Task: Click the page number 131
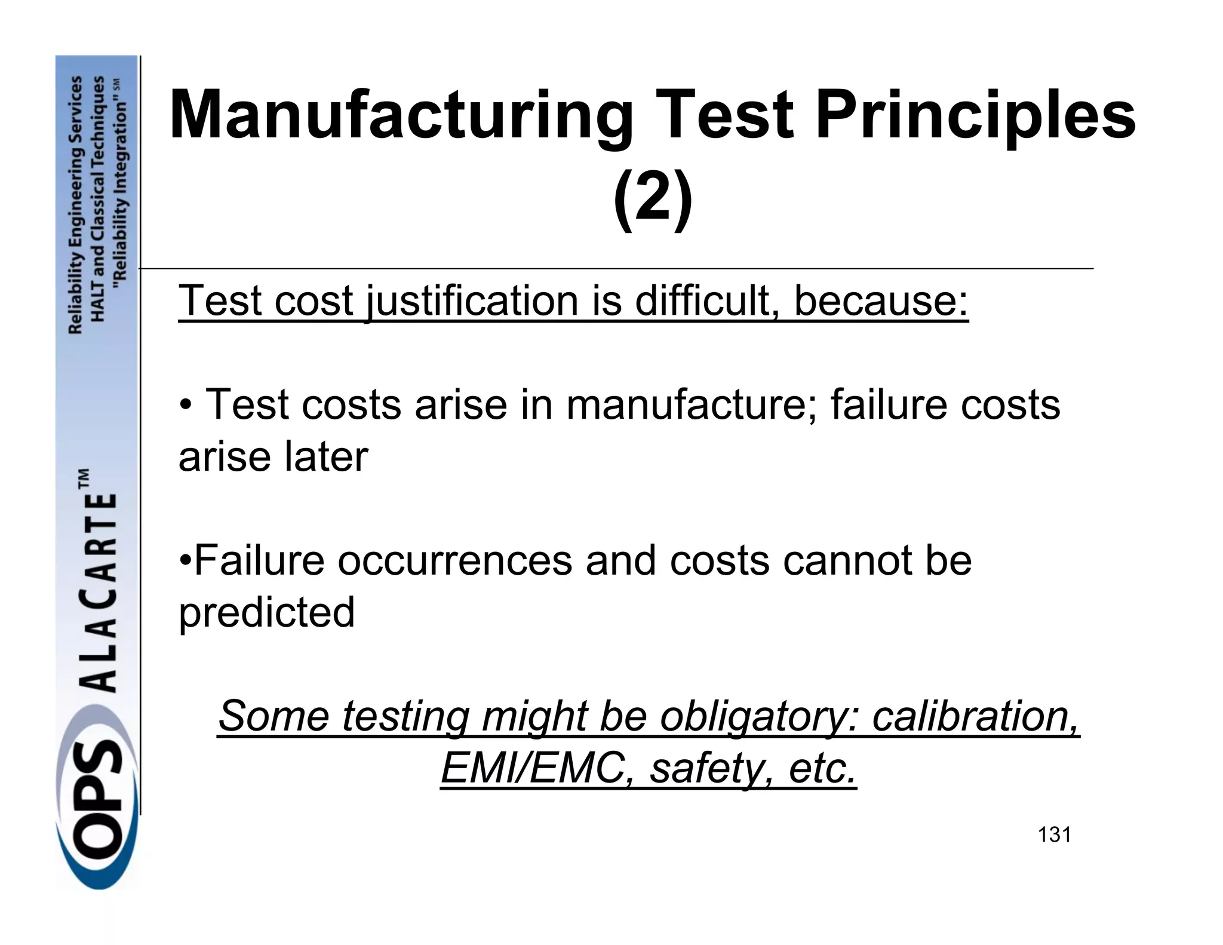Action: pos(1054,834)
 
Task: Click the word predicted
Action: pos(267,613)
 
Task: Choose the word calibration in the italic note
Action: pos(976,716)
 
